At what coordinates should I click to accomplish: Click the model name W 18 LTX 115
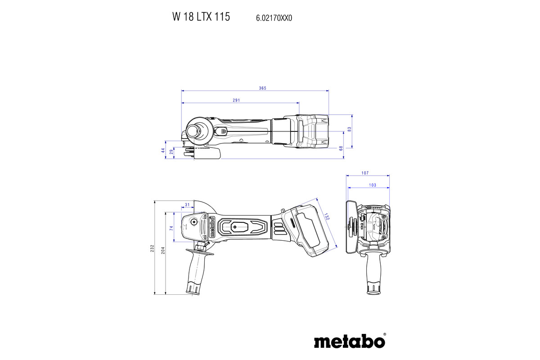201,17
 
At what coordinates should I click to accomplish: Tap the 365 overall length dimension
263,88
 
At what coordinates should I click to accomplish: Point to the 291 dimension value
236,100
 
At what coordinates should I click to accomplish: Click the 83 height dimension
349,129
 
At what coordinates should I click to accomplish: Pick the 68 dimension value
341,148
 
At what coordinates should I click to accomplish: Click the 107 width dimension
365,173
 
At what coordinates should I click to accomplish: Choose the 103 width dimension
372,185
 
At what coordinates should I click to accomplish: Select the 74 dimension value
171,229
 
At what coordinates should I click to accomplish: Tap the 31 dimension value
187,205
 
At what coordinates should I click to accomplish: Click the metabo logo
349,341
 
